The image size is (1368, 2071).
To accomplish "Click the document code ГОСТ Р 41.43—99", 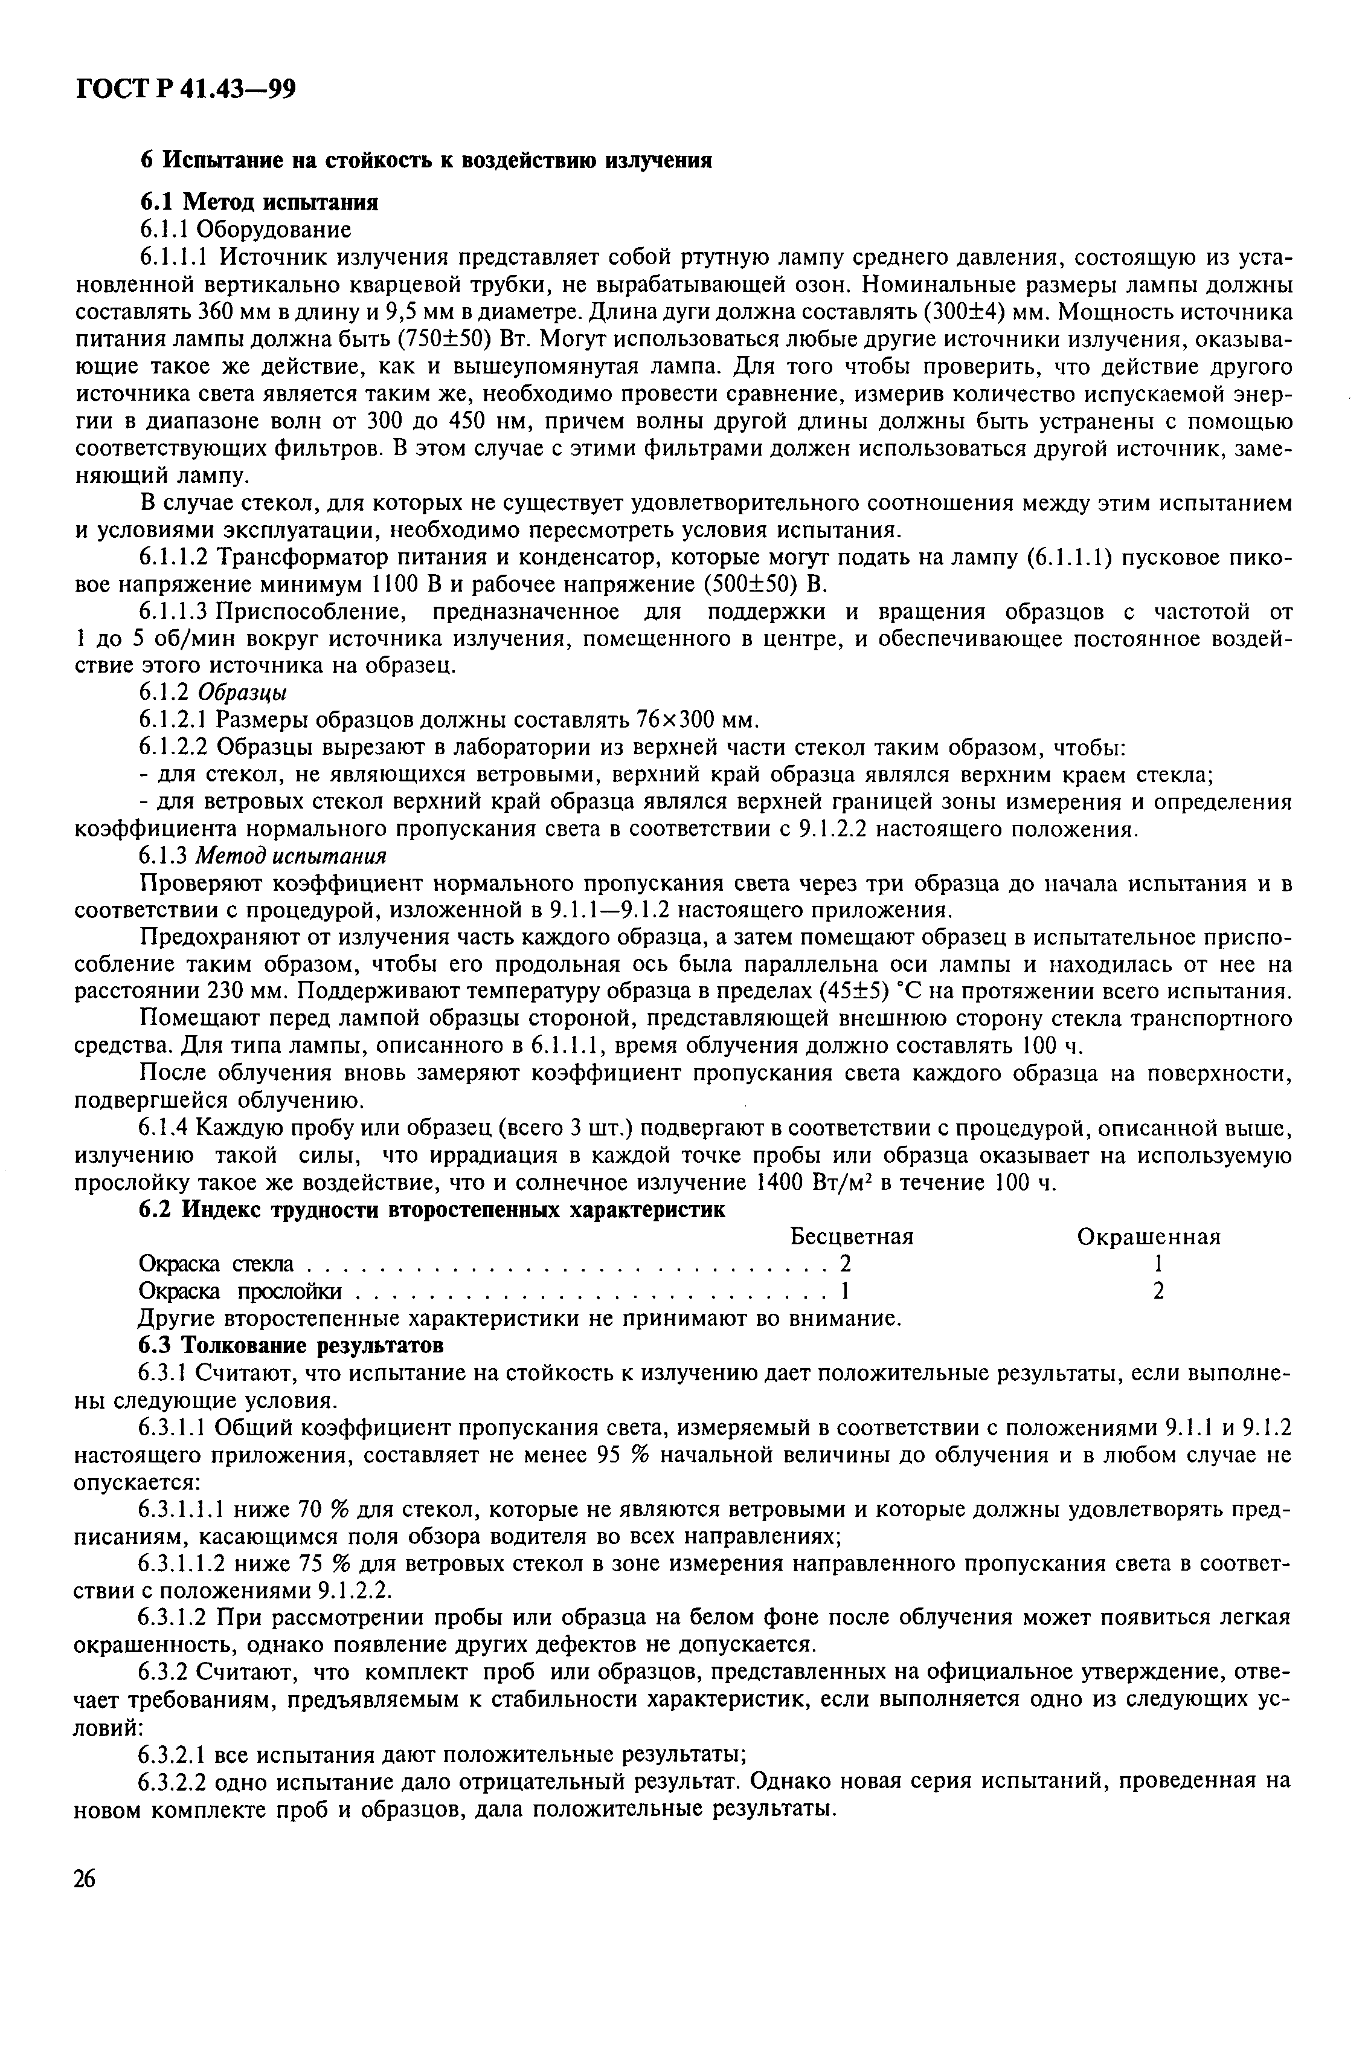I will click(x=186, y=89).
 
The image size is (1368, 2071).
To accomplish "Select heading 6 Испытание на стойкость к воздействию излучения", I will click(x=426, y=161).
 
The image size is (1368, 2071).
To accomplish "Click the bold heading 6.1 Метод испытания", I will click(x=259, y=202).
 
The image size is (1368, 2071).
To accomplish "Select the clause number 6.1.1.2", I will click(x=175, y=558).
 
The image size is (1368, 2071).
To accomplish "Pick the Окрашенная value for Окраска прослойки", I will click(x=1158, y=1291).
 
